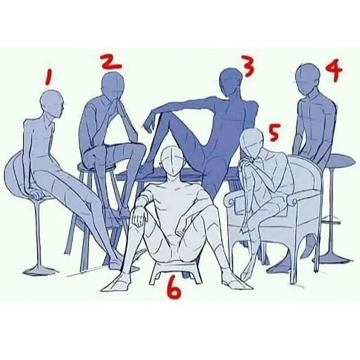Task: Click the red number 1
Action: point(49,77)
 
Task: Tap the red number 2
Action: point(112,61)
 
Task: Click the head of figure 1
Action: point(51,102)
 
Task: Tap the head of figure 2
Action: point(113,84)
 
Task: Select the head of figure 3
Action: point(230,81)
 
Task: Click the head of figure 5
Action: point(251,143)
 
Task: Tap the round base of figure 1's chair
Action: point(41,271)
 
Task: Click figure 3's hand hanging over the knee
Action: point(149,124)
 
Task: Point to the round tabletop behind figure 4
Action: point(339,160)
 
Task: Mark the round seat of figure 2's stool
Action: point(97,167)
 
